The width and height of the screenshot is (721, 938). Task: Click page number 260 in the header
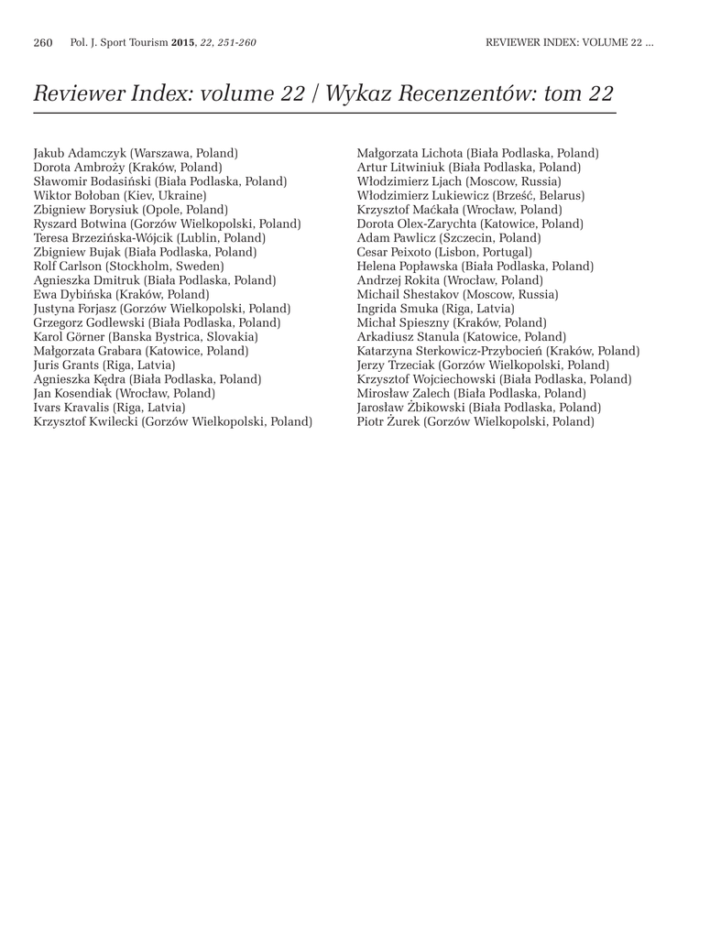pos(43,43)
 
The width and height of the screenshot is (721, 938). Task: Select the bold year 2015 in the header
pos(182,43)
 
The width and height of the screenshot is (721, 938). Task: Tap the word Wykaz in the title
pos(360,93)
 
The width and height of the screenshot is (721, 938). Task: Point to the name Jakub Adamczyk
pos(80,153)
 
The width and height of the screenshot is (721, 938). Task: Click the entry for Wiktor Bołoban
pos(120,195)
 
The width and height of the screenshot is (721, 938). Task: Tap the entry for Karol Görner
pos(146,336)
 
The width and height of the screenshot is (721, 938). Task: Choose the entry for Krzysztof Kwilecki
pos(173,421)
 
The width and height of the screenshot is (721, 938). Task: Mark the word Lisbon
pos(459,252)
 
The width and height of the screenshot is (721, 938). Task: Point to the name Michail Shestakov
pos(408,294)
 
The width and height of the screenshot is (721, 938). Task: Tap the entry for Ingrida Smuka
pos(435,309)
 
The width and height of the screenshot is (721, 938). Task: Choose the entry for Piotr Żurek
pos(475,421)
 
